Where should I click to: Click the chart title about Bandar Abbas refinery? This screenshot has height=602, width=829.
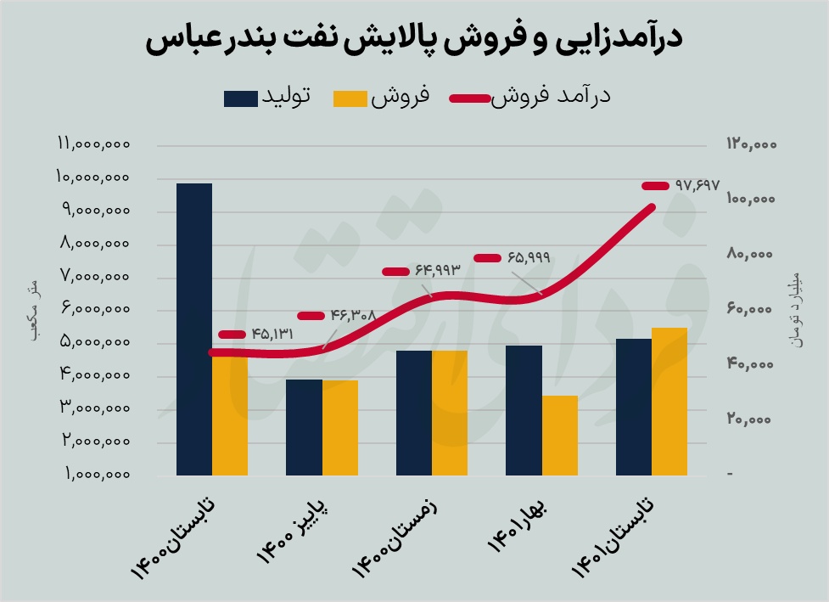coord(414,40)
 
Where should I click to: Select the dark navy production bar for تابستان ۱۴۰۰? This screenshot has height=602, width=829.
coord(194,329)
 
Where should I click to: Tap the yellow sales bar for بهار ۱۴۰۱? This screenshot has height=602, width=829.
coord(560,435)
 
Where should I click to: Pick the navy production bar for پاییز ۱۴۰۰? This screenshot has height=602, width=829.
coord(304,427)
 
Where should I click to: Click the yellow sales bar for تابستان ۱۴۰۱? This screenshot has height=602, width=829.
coord(669,401)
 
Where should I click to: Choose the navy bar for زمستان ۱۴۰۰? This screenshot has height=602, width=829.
coord(414,413)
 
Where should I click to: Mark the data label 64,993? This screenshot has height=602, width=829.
coord(437,271)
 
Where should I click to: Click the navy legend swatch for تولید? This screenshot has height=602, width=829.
coord(241,98)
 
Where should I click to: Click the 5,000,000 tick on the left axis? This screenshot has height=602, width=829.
coord(93,343)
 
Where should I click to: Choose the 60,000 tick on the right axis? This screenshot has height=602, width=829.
coord(752,310)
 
